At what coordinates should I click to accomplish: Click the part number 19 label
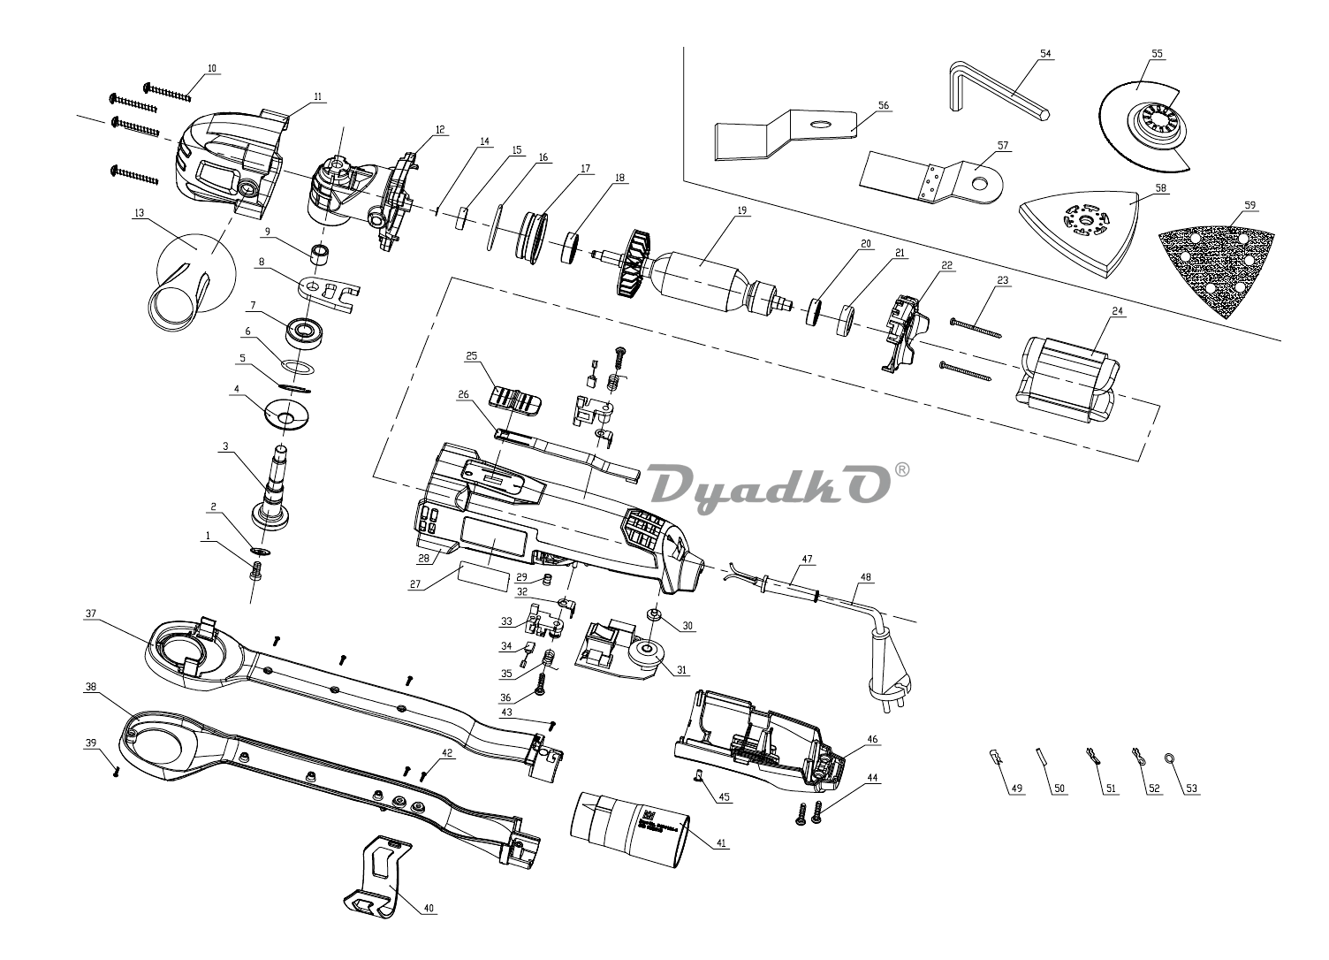tap(742, 210)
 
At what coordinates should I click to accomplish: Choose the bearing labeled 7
tap(304, 332)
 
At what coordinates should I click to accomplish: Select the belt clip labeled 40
tap(382, 875)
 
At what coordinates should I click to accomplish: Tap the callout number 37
tap(90, 613)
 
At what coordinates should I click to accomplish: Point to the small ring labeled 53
tap(1170, 758)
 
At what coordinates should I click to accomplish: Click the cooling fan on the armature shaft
tap(634, 262)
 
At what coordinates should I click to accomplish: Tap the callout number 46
tap(872, 738)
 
